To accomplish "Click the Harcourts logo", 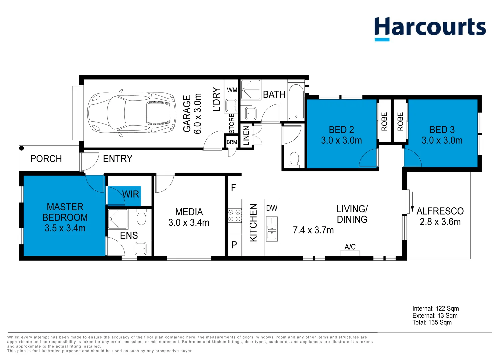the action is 430,29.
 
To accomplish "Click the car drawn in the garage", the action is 131,113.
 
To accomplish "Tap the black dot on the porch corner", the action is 21,148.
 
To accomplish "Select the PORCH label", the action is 46,159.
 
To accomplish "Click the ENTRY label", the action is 117,159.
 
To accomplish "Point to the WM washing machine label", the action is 232,90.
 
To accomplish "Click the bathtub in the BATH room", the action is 296,102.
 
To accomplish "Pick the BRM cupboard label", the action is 232,142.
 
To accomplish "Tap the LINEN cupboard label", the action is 246,136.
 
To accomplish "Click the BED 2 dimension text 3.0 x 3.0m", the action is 341,140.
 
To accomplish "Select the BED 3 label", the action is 442,130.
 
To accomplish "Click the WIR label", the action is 131,194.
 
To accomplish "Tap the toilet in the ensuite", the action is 141,217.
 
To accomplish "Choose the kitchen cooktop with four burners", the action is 235,216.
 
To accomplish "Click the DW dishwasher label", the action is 272,208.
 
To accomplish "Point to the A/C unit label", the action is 350,247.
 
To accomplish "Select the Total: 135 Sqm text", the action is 432,322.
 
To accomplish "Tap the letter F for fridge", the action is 233,188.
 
